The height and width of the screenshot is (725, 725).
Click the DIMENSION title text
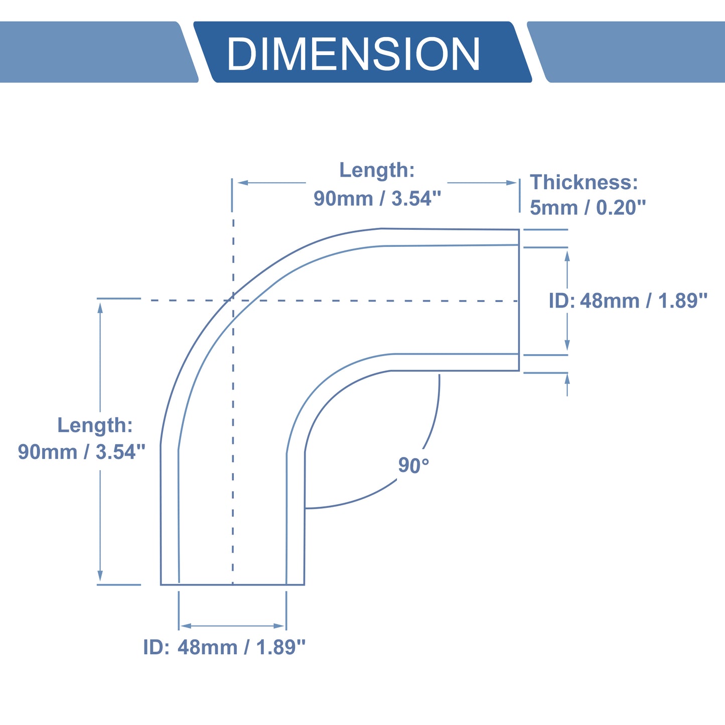coord(353,53)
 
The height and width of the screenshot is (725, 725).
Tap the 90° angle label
coord(413,466)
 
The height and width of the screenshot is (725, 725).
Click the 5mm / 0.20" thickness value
coord(588,208)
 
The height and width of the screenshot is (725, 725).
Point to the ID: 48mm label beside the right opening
coord(628,301)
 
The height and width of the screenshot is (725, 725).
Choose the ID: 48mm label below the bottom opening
coord(224,647)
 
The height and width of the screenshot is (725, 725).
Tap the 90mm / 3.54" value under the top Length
coord(377,198)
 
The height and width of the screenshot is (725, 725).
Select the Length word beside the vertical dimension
coord(95,425)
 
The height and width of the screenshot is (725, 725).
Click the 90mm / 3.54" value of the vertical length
coord(82,452)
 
